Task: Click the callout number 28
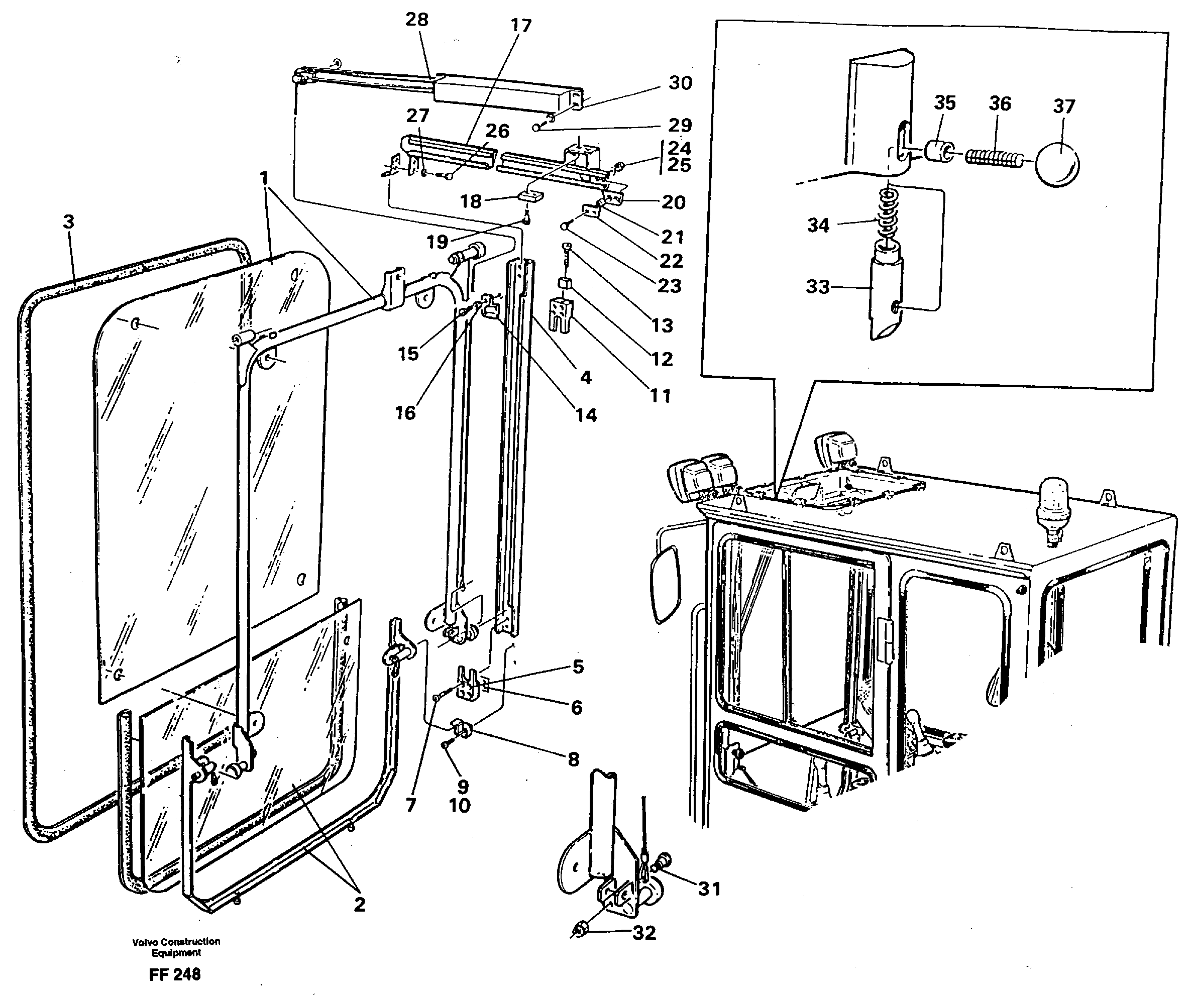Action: (x=416, y=20)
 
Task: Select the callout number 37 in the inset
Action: (x=1063, y=106)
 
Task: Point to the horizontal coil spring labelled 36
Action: (x=995, y=157)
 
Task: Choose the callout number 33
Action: (x=817, y=287)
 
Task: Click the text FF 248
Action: (x=175, y=974)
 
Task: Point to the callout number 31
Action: (x=709, y=889)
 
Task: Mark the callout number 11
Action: (x=660, y=395)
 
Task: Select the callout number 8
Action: (x=573, y=759)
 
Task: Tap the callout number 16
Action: (x=405, y=413)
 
